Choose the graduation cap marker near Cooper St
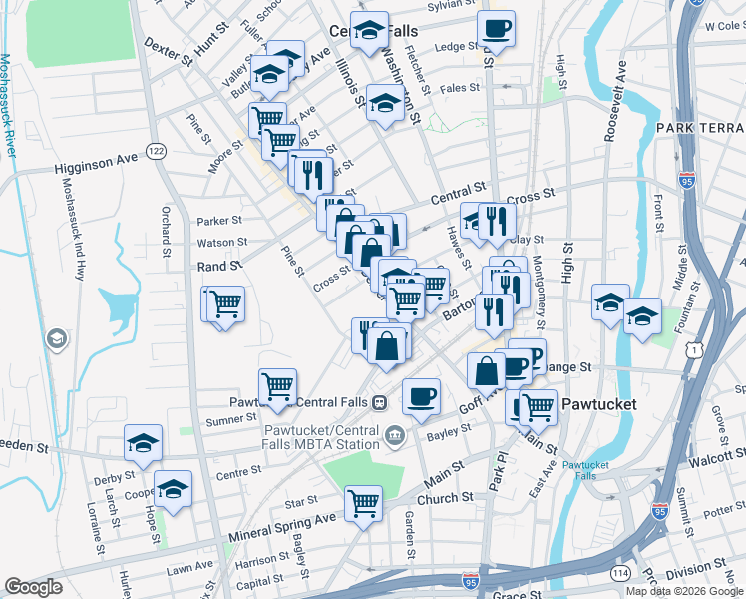[174, 489]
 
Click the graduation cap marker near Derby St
[143, 442]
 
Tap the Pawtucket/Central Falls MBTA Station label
[321, 437]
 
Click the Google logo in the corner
[33, 587]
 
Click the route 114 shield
[620, 572]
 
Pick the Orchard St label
[166, 230]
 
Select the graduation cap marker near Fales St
[385, 103]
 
